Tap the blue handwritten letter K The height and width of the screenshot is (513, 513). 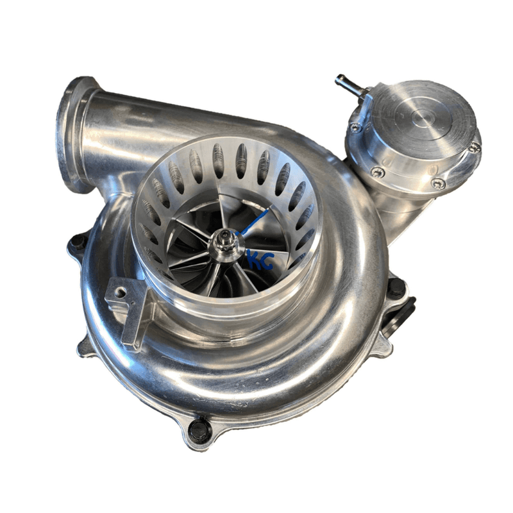254,260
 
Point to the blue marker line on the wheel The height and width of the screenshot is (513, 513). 251,222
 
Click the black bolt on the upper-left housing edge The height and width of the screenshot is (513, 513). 78,242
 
